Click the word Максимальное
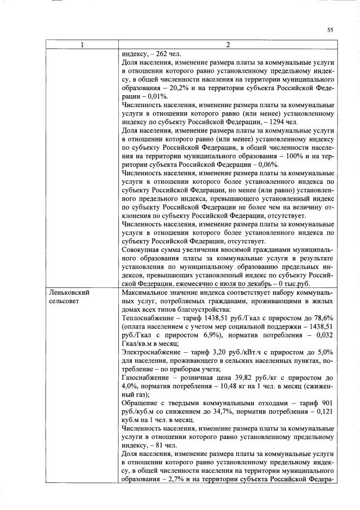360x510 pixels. click(148, 293)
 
